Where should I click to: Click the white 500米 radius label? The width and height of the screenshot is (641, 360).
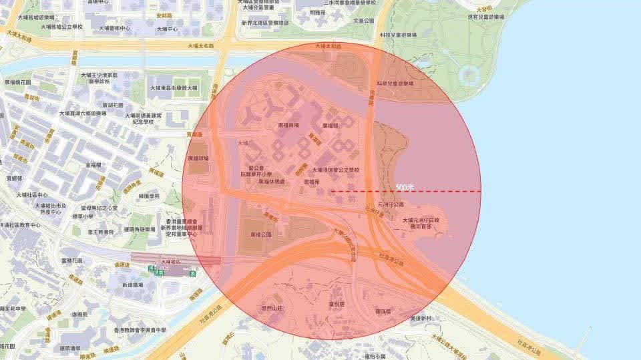tap(405, 188)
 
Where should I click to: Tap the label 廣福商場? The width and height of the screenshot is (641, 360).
tap(288, 125)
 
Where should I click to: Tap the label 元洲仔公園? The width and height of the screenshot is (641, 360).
tap(391, 205)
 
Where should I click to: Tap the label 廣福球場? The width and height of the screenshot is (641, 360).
tap(198, 158)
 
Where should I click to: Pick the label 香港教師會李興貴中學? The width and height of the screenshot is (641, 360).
tap(139, 330)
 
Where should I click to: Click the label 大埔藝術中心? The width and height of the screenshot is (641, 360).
tap(114, 28)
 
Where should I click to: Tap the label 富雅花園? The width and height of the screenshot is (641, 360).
tap(71, 260)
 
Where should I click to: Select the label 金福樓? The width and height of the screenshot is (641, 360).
tap(93, 164)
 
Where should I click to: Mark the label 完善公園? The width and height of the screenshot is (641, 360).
tap(365, 21)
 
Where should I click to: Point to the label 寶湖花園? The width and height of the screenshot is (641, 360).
tap(113, 105)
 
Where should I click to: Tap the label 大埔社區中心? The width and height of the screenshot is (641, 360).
tap(33, 195)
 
